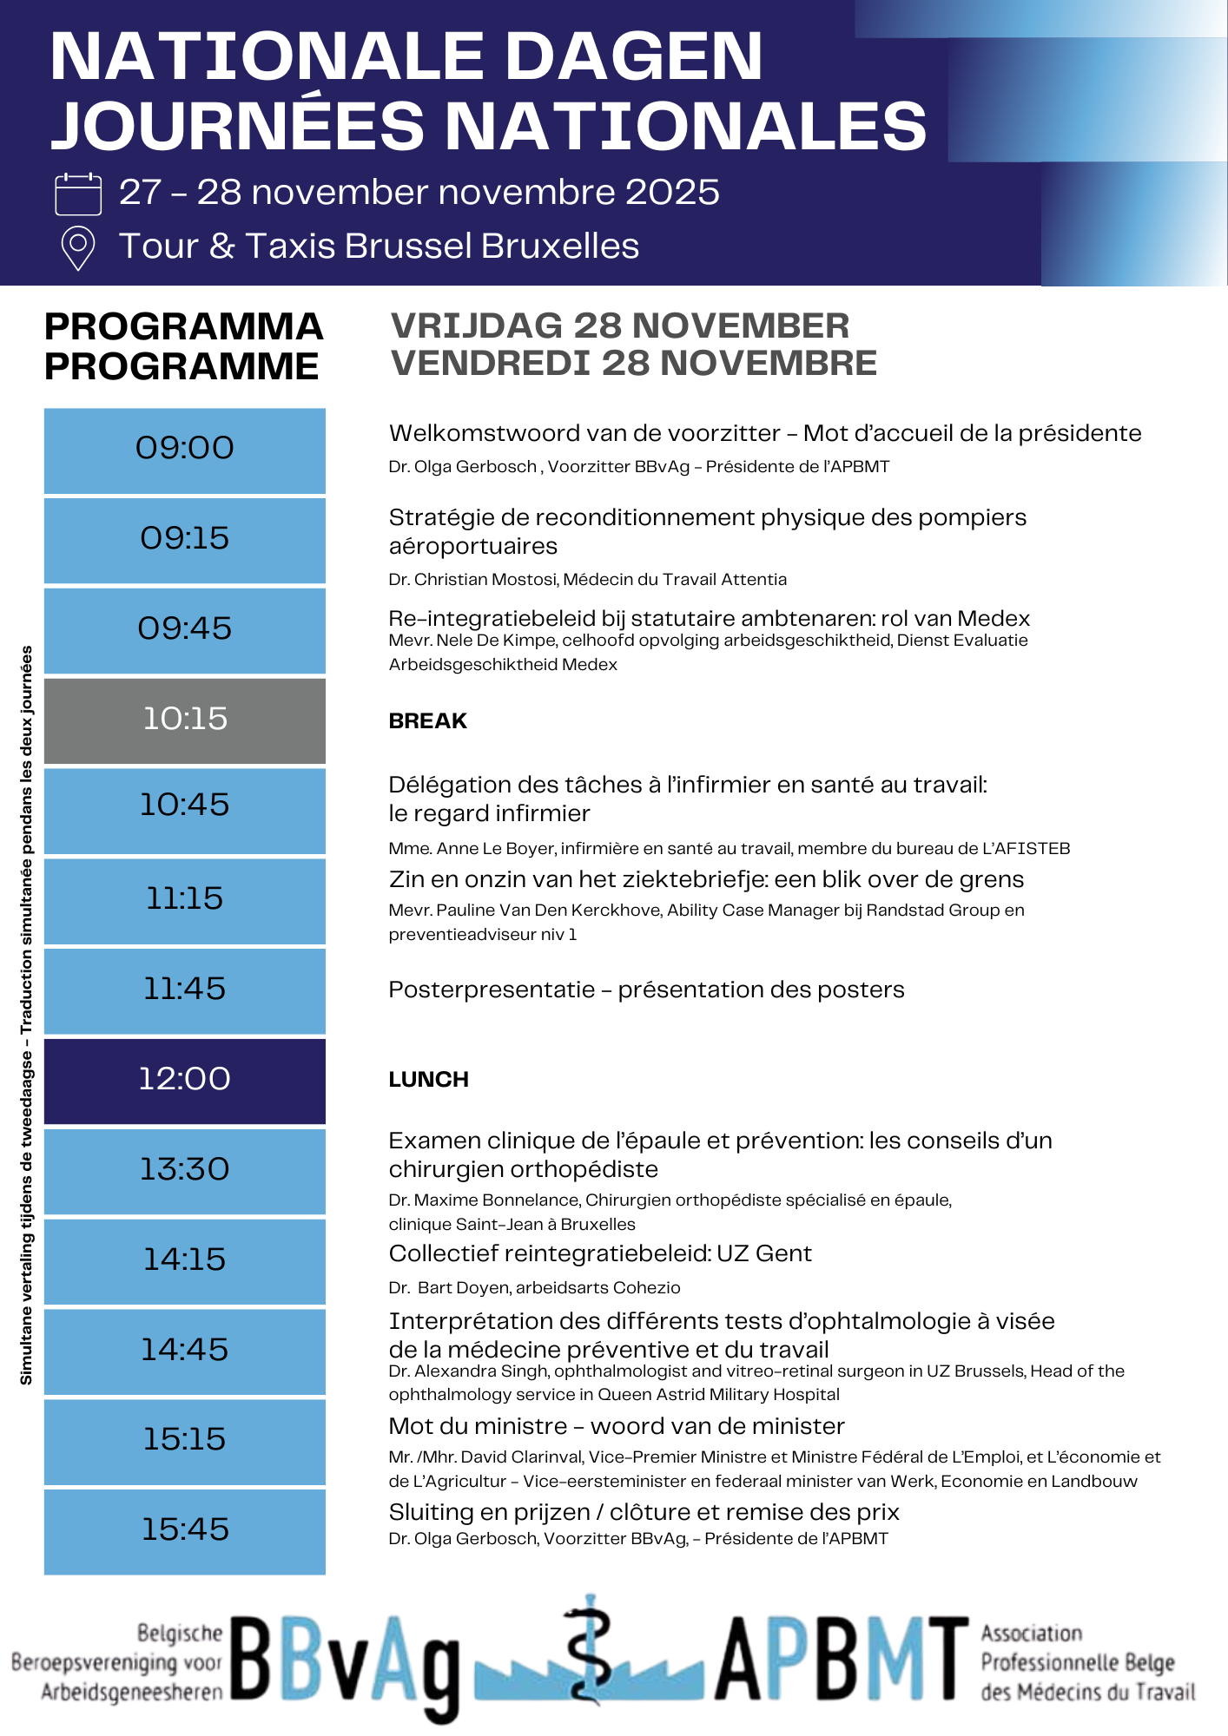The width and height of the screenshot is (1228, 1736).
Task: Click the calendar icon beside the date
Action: click(78, 193)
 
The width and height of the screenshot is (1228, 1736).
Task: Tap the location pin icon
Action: click(78, 248)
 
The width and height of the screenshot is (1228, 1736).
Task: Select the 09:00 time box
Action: click(185, 450)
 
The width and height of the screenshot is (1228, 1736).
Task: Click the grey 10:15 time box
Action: click(185, 720)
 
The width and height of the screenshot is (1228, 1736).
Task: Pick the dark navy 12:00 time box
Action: click(185, 1081)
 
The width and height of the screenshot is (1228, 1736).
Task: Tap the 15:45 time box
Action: click(185, 1531)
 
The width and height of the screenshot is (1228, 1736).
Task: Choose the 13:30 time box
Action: click(185, 1171)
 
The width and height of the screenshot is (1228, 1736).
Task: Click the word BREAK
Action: click(427, 721)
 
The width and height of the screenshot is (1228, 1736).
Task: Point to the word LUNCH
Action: click(428, 1080)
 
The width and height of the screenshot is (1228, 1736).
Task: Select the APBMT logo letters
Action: click(841, 1660)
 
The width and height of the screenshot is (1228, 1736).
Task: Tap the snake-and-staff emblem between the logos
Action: click(591, 1649)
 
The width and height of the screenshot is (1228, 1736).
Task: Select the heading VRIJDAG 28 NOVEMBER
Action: click(620, 326)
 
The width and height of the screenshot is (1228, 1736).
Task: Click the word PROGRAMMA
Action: click(183, 327)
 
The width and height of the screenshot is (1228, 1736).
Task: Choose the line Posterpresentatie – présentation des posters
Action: click(646, 990)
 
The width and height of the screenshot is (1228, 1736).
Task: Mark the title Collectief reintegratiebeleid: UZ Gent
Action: click(600, 1254)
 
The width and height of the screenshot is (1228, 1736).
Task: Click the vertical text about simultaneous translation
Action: click(27, 1016)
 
